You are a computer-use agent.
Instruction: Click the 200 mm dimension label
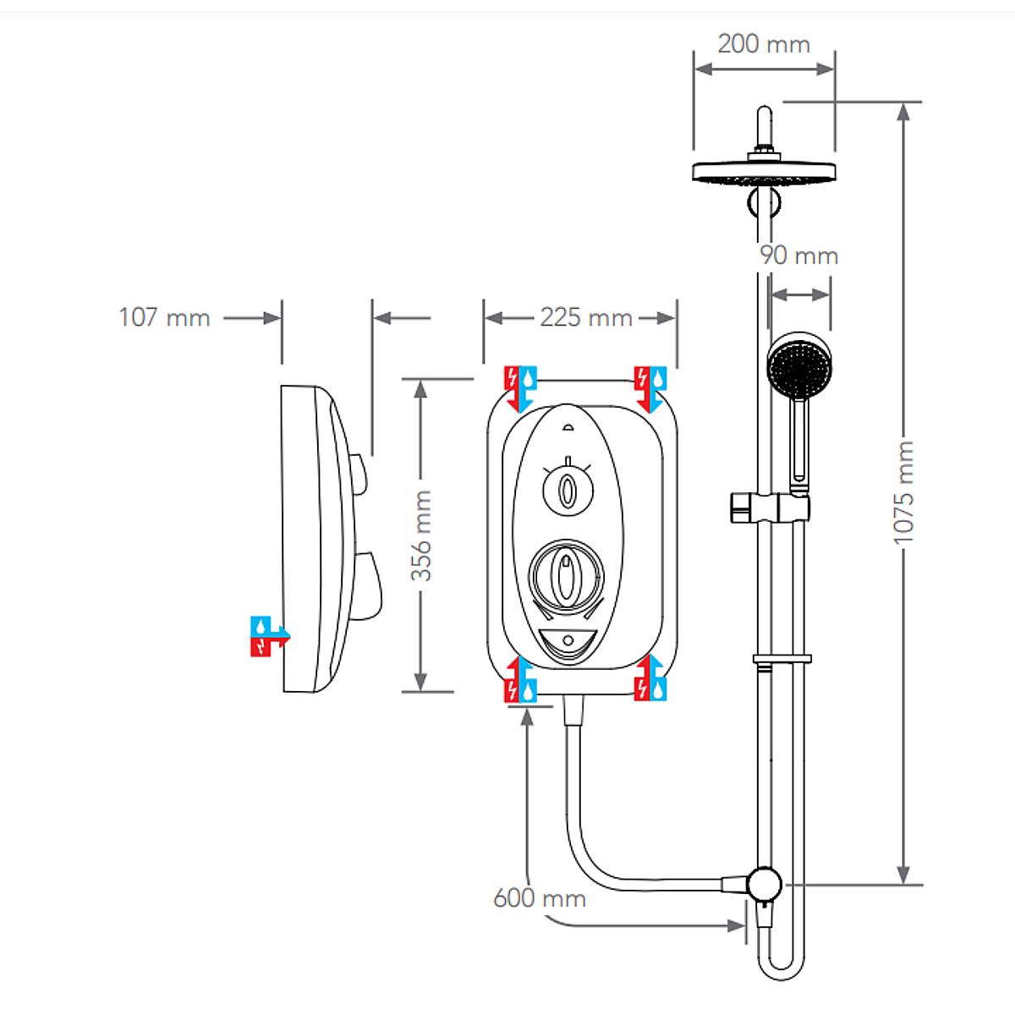(763, 44)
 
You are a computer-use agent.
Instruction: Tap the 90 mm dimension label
(798, 255)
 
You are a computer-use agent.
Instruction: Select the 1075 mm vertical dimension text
(904, 491)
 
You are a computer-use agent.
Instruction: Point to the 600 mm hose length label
(539, 898)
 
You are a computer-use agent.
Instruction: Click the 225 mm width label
(585, 318)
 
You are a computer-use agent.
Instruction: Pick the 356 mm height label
(421, 535)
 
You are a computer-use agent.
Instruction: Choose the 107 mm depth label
(164, 318)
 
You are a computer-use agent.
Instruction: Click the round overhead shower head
(764, 173)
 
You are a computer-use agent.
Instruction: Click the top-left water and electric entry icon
(520, 388)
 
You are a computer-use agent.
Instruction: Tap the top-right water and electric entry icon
(650, 388)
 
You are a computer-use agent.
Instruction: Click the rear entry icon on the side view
(269, 636)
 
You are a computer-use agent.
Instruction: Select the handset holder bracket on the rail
(768, 507)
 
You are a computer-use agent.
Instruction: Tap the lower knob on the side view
(366, 585)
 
